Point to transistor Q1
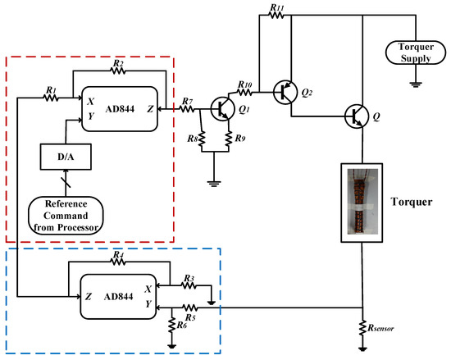click(x=222, y=107)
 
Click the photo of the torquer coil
click(x=361, y=202)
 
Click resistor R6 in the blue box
click(x=171, y=326)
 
